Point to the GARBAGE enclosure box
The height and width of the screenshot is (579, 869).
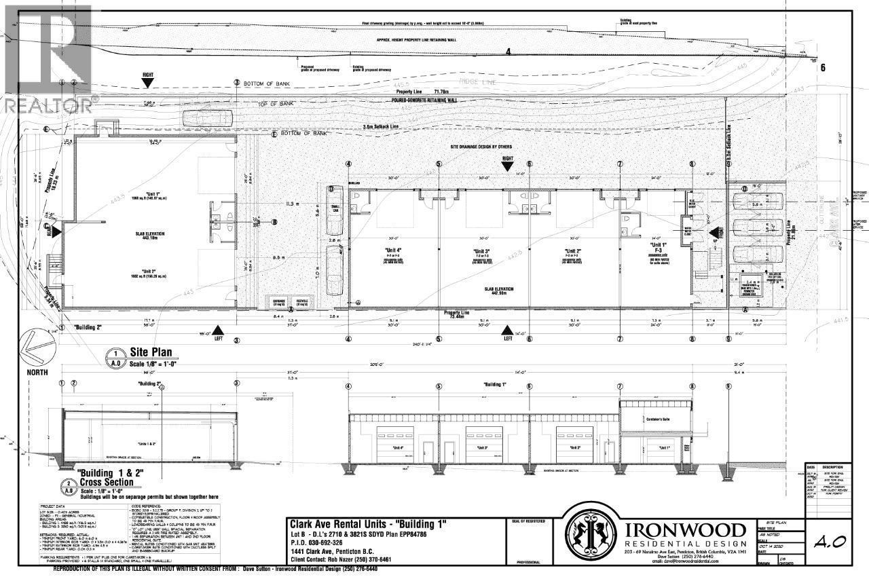[278, 302]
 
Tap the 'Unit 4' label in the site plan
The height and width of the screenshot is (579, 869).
[393, 250]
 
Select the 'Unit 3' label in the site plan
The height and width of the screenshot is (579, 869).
[482, 250]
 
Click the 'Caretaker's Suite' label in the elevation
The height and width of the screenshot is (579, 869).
[654, 419]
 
